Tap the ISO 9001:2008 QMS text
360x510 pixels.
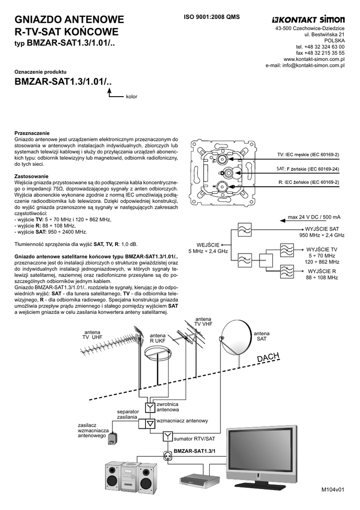[x=212, y=17]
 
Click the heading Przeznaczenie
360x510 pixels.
[x=32, y=133]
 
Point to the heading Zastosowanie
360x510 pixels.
[x=31, y=177]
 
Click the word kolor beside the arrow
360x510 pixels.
[x=131, y=96]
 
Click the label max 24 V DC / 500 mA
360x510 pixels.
[x=314, y=217]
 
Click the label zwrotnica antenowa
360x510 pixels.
[x=167, y=407]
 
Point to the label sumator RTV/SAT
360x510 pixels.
[x=194, y=439]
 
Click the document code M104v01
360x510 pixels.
[x=333, y=490]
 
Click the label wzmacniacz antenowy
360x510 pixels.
[x=182, y=421]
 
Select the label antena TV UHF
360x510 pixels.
[x=92, y=334]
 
